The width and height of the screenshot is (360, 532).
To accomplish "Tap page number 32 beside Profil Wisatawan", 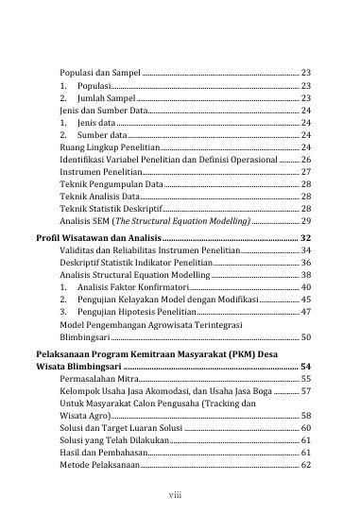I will (305, 237).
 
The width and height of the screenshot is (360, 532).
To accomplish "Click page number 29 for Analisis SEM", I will (306, 219).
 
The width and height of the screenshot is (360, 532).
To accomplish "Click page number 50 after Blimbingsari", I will (306, 336).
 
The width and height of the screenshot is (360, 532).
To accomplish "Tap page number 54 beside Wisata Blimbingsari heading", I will (305, 366).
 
